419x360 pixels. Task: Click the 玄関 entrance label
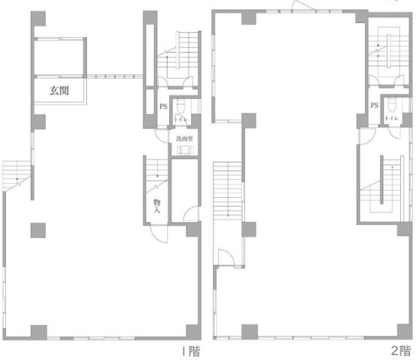pyautogui.click(x=59, y=91)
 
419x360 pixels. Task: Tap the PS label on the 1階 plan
pyautogui.click(x=163, y=106)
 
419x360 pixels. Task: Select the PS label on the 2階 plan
pyautogui.click(x=374, y=105)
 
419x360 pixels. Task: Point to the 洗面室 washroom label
pyautogui.click(x=184, y=139)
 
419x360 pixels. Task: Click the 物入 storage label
pyautogui.click(x=157, y=206)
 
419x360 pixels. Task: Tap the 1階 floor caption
pyautogui.click(x=191, y=351)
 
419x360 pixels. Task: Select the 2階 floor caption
pyautogui.click(x=401, y=351)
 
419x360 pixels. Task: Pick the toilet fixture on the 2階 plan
pyautogui.click(x=392, y=105)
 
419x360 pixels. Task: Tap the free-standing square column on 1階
pyautogui.click(x=38, y=231)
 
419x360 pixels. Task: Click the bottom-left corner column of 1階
pyautogui.click(x=39, y=332)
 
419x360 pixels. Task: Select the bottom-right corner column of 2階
pyautogui.click(x=404, y=331)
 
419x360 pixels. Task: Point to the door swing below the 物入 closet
pyautogui.click(x=159, y=234)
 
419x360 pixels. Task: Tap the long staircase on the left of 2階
pyautogui.click(x=228, y=191)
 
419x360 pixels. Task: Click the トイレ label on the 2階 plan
pyautogui.click(x=392, y=118)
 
